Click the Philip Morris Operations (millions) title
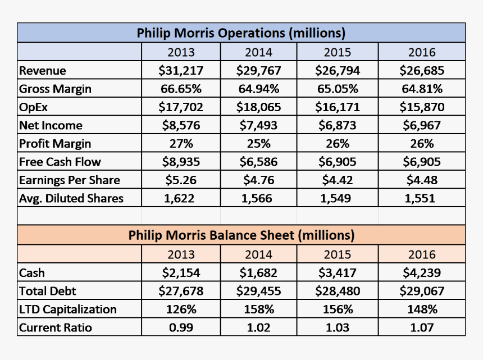(241, 33)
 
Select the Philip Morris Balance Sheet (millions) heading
(241, 235)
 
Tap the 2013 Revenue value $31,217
(181, 71)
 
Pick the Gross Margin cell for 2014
(258, 89)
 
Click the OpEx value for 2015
(337, 107)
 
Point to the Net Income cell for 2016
(421, 125)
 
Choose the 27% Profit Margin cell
(181, 143)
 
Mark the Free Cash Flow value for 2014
(258, 162)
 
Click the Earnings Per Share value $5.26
(181, 180)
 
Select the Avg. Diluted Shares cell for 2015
(337, 198)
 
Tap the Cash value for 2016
(421, 273)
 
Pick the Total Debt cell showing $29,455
(258, 291)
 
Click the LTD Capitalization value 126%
(181, 309)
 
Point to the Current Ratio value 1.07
(421, 327)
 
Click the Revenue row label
(43, 71)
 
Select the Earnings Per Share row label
(70, 180)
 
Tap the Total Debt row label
(48, 291)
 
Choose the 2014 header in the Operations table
(258, 52)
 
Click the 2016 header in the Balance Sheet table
(421, 254)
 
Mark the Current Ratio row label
(56, 327)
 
